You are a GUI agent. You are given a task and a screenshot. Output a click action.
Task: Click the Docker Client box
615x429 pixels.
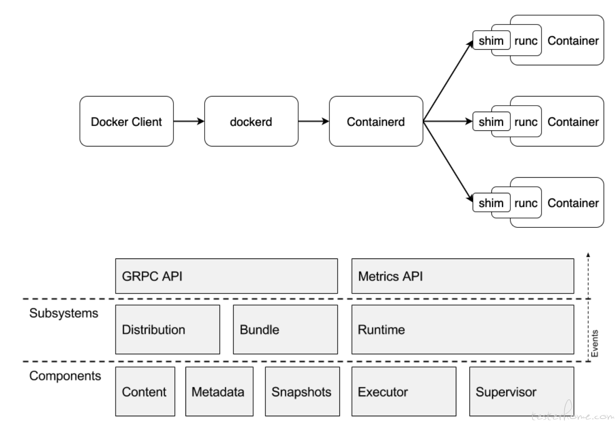coord(127,121)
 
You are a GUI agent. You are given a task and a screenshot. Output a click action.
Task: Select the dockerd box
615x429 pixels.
coord(251,121)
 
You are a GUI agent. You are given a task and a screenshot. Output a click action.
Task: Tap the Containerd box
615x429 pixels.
coord(376,121)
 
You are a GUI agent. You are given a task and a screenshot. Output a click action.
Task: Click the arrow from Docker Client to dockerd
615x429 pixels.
coord(189,121)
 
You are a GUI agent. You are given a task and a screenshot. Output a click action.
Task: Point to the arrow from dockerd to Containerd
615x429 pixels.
coord(314,121)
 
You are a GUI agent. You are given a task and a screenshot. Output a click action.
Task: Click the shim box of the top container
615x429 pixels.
coord(491,40)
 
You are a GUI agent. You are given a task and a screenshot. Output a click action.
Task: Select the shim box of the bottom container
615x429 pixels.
coord(491,202)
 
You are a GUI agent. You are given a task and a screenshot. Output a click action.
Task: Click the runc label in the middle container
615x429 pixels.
coord(526,122)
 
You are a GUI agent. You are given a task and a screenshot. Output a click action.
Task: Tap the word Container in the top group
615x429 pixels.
coord(573,41)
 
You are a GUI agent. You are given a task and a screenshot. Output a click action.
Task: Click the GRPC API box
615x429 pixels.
coord(226,276)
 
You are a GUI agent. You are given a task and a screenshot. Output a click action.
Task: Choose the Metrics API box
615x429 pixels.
coord(463,276)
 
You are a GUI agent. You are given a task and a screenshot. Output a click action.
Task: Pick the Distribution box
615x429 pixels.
coord(168,329)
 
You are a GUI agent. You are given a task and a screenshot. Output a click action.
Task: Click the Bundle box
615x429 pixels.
coord(286,329)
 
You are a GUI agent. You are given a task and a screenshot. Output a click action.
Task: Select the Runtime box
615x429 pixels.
coord(463,329)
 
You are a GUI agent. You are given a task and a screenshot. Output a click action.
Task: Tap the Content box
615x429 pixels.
coord(145,392)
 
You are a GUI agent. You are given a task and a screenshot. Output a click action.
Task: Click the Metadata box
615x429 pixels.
coord(220,392)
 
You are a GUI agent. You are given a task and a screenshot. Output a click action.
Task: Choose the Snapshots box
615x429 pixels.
coord(302,392)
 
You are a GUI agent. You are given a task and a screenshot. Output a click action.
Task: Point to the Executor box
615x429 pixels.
coord(404,392)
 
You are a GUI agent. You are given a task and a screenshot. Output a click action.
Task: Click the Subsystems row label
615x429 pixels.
coord(64,313)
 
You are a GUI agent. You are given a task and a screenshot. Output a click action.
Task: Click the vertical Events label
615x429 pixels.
coord(595,343)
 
